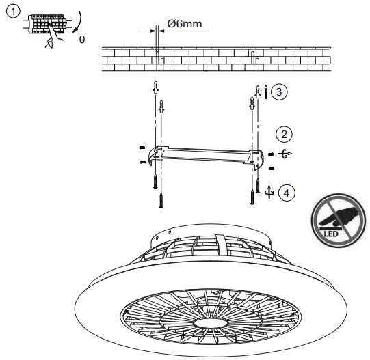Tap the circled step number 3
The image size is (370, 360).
coord(278,91)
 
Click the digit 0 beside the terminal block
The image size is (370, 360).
coord(82,40)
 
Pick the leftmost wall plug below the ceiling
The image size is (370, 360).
coord(155,89)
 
